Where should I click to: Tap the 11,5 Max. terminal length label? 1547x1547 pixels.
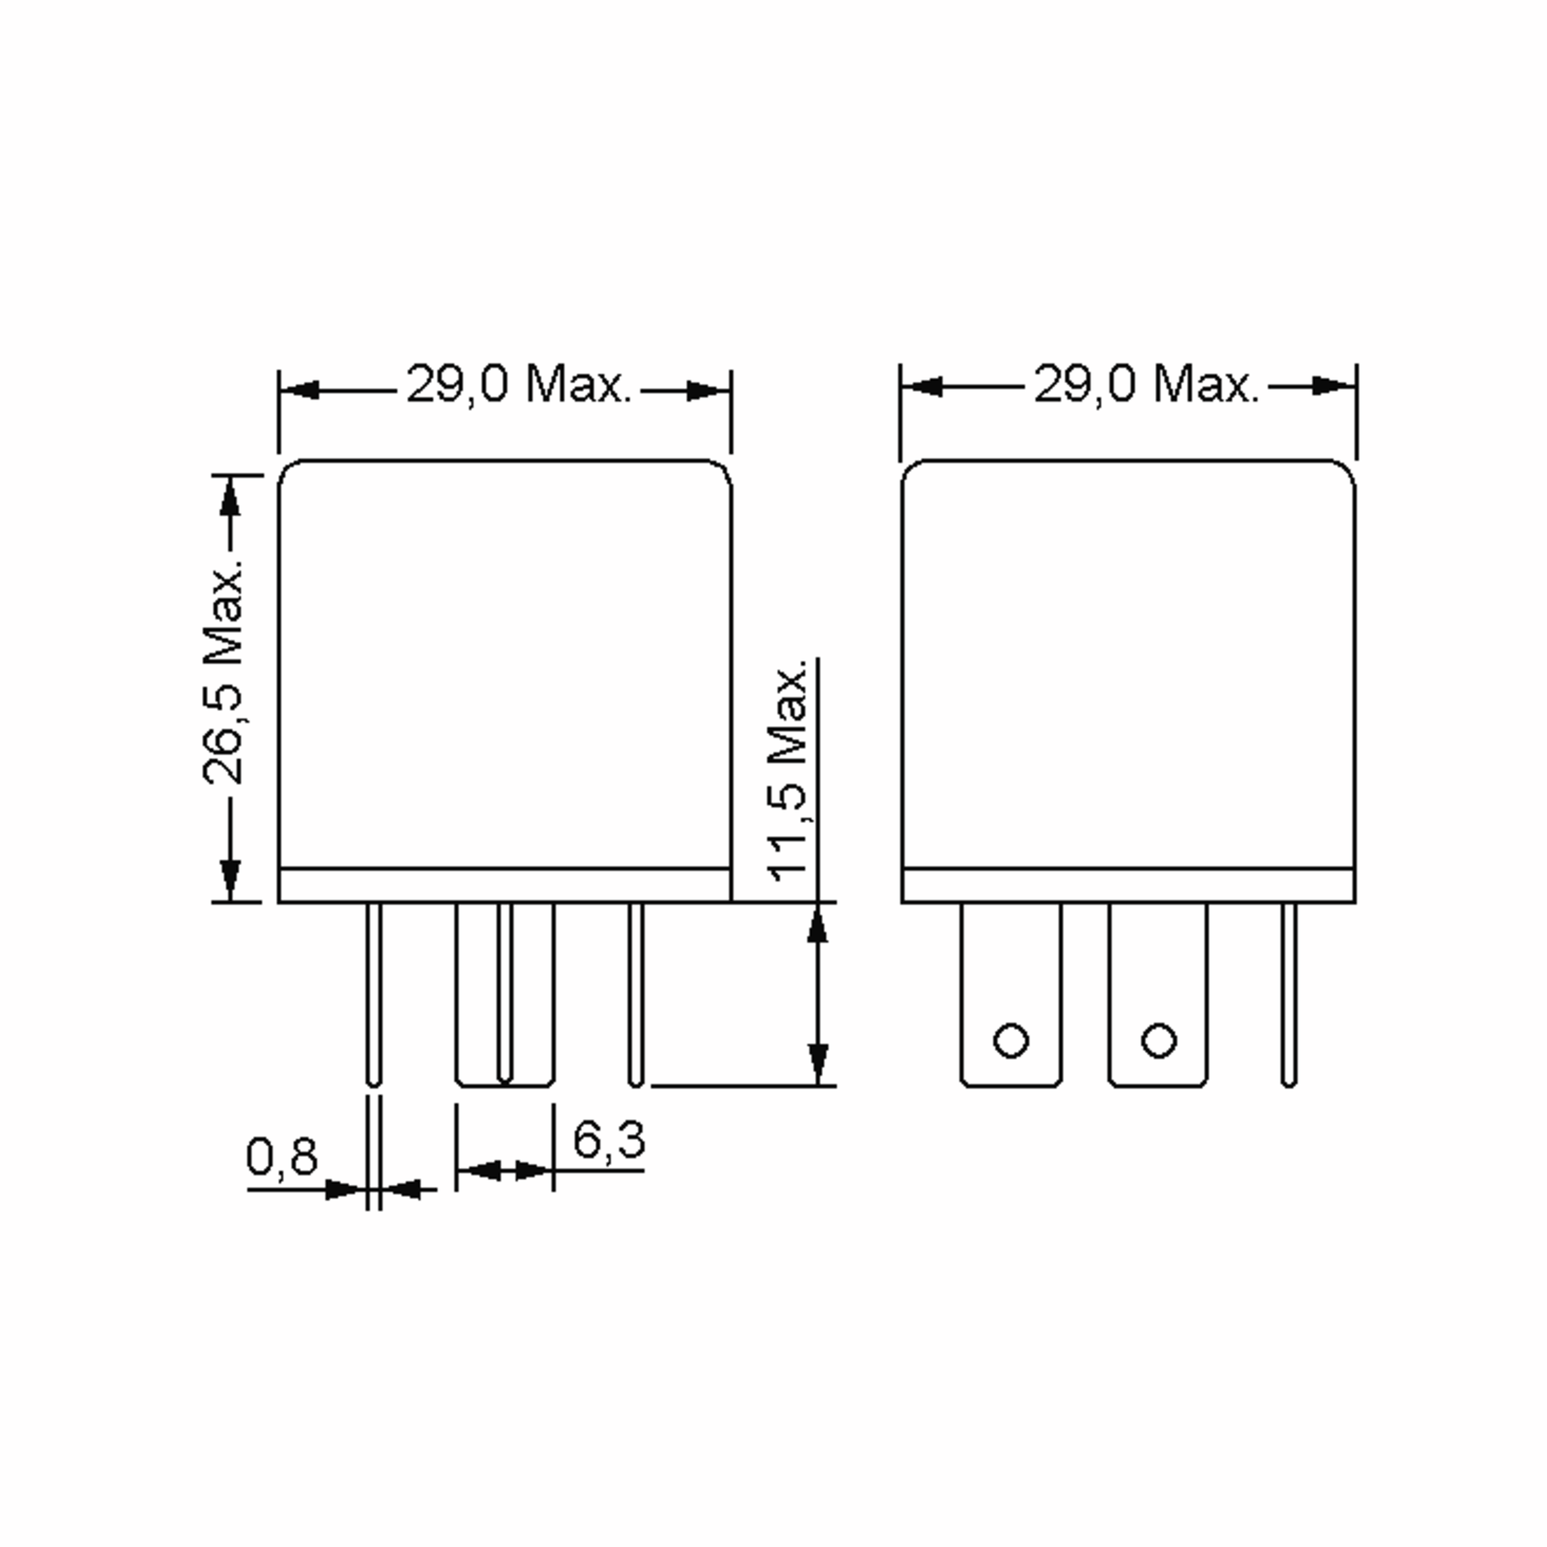coord(789,773)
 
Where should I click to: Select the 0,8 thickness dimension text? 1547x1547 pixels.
coord(281,1156)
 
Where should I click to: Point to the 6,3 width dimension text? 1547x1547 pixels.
coord(608,1140)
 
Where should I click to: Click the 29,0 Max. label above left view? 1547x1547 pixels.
coord(519,384)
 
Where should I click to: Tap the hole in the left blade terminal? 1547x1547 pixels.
coord(1011,1041)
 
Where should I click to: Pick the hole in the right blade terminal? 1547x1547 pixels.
coord(1159,1041)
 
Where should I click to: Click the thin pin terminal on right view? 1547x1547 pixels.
coord(1289,993)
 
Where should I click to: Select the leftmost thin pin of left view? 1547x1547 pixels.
coord(373,993)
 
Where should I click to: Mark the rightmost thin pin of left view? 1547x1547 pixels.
coord(635,993)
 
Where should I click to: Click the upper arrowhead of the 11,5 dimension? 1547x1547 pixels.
coord(817,925)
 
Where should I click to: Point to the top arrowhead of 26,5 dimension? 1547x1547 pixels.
coord(231,496)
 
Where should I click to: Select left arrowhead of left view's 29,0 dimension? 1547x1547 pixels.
coord(301,391)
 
